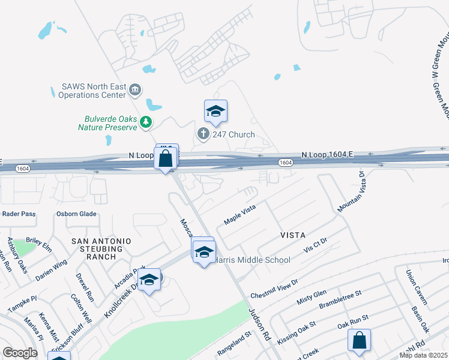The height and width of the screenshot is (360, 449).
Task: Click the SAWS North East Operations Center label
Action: [x=94, y=91]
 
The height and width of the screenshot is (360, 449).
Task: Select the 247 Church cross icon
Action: [x=203, y=134]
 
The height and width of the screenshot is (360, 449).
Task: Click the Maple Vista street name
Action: [x=240, y=214]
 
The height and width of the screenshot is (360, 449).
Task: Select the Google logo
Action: [x=20, y=352]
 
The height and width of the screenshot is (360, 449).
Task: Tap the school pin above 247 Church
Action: [x=215, y=111]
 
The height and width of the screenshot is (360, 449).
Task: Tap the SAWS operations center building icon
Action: [x=134, y=91]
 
